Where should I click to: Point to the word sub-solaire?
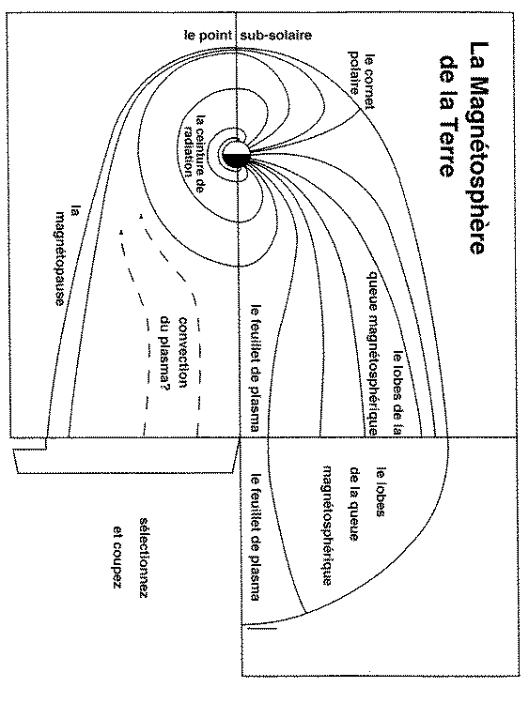tap(278, 36)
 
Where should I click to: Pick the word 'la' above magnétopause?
tap(75, 211)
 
